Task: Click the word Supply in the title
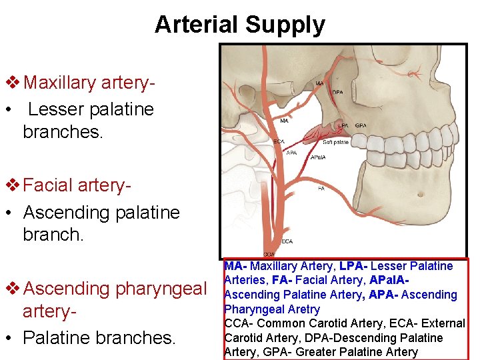coord(285,25)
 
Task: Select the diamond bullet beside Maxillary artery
coord(12,83)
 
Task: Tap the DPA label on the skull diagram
coord(338,92)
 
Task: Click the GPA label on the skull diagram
coord(361,125)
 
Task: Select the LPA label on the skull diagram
coord(343,125)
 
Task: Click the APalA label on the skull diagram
coord(317,158)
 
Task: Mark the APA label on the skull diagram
coord(291,153)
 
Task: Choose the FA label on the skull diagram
coord(321,189)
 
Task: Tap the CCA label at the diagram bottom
coord(269,254)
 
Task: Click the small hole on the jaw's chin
coord(420,193)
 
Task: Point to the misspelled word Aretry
coord(304,309)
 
